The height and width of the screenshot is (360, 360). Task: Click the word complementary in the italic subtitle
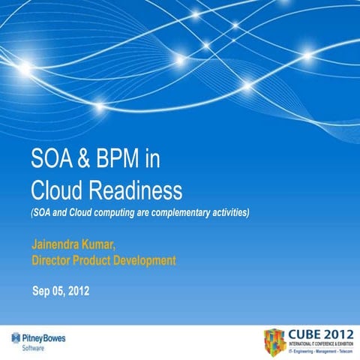(x=172, y=213)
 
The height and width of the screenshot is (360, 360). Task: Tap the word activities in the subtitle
(x=226, y=213)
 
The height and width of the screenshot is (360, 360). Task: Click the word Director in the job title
(x=54, y=261)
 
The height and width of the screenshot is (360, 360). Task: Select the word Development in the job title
(x=145, y=261)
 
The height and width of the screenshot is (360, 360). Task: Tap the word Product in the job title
(x=97, y=261)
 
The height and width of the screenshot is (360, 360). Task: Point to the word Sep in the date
(x=42, y=291)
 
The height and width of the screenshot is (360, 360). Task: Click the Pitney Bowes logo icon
(x=14, y=338)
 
